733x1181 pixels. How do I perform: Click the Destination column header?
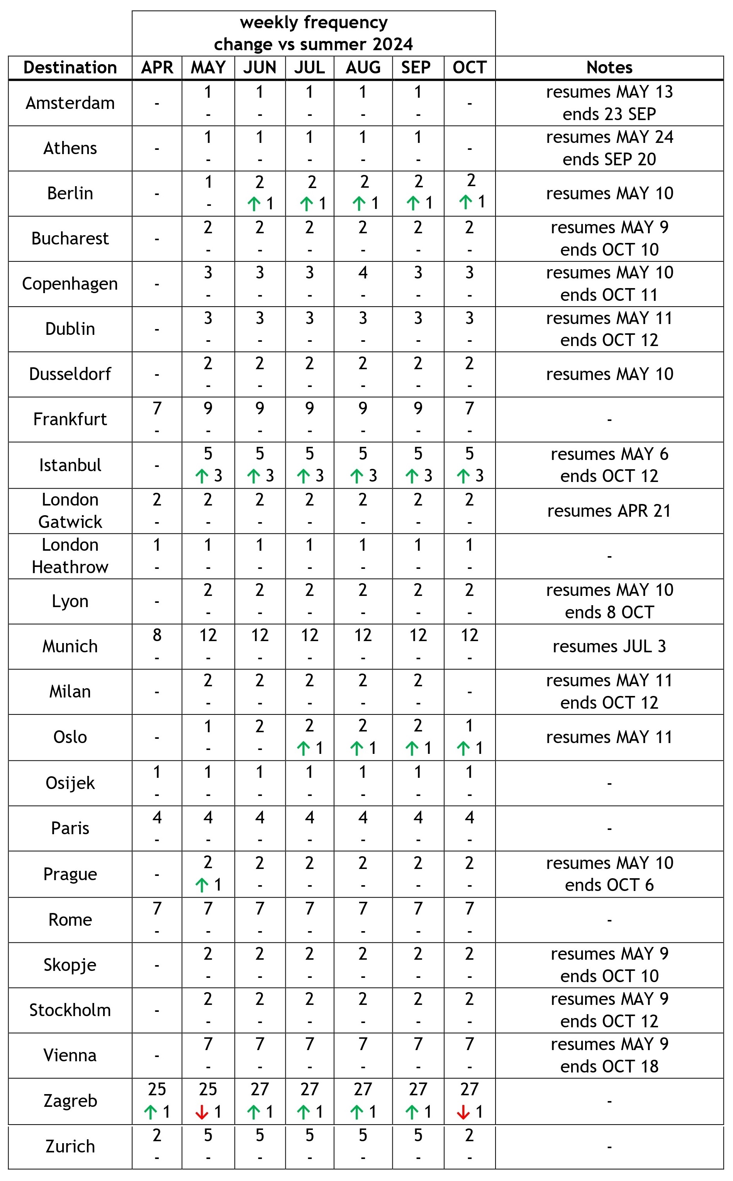click(70, 67)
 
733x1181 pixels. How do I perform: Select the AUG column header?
click(363, 67)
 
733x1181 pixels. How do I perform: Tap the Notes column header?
click(609, 67)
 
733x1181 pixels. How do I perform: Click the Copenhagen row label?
click(70, 283)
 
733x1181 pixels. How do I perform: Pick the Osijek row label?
click(70, 783)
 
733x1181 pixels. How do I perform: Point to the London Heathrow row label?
click(70, 556)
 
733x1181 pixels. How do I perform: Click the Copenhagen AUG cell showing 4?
click(363, 272)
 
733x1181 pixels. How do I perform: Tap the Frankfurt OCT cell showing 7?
click(469, 409)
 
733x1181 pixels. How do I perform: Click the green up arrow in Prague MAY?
click(201, 885)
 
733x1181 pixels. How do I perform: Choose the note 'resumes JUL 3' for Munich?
click(609, 646)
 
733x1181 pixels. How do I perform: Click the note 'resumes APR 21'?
click(609, 511)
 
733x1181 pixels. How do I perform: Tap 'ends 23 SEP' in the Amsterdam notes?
click(609, 114)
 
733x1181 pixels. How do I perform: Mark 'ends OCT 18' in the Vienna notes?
click(609, 1067)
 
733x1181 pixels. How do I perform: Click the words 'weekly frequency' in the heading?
click(314, 22)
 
